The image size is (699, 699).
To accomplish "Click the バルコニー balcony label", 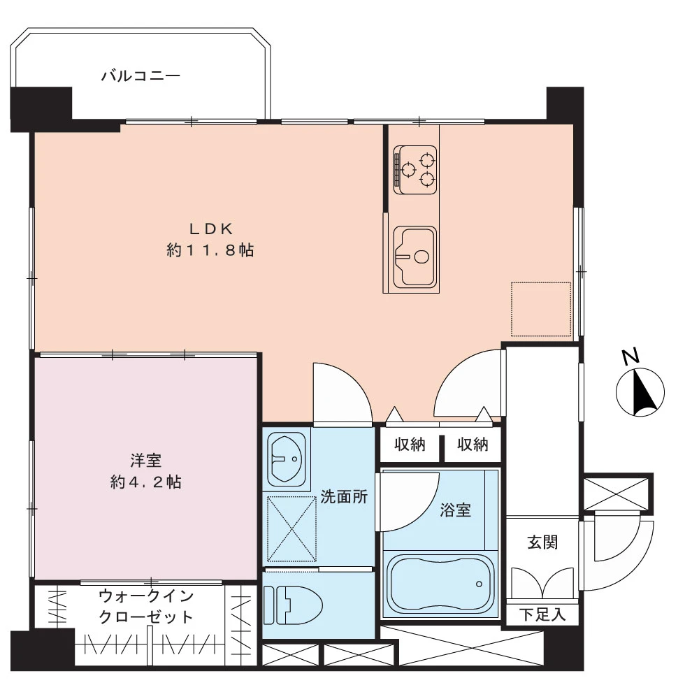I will [x=140, y=75].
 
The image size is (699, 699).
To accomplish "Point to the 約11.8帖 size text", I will [x=210, y=250].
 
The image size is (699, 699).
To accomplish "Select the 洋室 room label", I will [x=146, y=461].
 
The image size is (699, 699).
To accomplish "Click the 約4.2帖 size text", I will [x=146, y=482].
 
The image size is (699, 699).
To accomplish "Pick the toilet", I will [x=294, y=605].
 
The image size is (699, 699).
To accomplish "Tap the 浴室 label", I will [x=455, y=510].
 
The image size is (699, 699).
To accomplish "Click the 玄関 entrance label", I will [x=542, y=542].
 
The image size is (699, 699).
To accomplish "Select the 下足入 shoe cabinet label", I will [x=542, y=615].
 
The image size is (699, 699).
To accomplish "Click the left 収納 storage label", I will [x=410, y=445].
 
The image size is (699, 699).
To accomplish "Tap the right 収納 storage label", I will [x=473, y=445].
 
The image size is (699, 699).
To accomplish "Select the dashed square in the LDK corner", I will [x=541, y=308].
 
